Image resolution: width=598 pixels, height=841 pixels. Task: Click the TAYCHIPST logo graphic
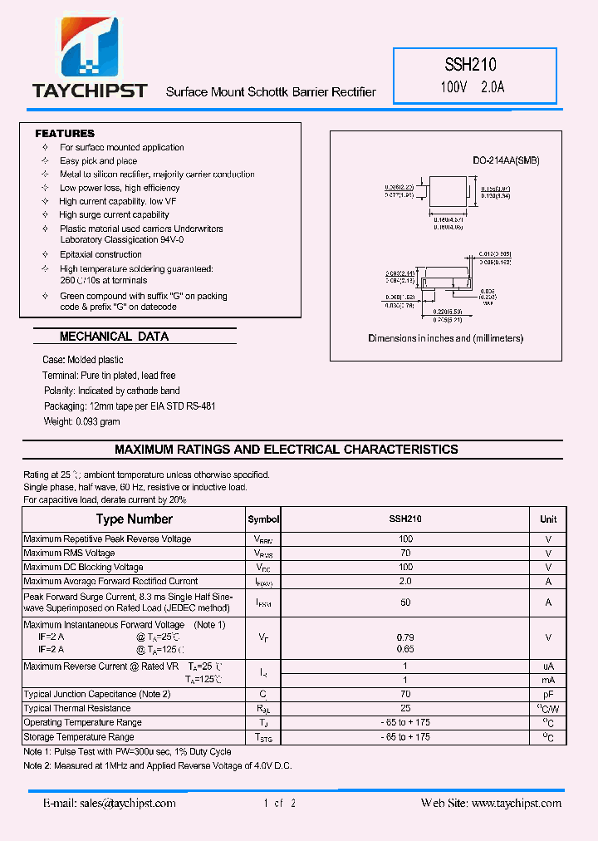[89, 52]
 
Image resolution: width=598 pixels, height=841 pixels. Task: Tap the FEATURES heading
[65, 134]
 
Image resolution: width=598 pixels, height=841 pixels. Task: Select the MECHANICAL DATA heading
[114, 337]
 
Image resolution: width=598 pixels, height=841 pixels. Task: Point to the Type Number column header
[134, 519]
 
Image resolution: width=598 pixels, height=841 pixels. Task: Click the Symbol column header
[263, 519]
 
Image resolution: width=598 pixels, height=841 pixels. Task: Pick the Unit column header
[548, 519]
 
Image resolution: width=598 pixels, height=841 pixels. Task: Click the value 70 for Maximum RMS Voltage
[405, 553]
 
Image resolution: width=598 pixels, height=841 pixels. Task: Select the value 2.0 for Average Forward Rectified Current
[405, 582]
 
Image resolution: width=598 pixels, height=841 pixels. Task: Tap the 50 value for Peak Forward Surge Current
[405, 602]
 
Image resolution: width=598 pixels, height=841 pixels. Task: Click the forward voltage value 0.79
[405, 637]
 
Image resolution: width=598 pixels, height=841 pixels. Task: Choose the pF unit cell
[548, 694]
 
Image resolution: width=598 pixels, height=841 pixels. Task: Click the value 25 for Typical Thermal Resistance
[405, 708]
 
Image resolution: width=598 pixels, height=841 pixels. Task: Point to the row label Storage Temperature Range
[79, 737]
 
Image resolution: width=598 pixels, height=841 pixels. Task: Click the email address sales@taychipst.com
[110, 804]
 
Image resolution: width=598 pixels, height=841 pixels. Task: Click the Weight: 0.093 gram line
[82, 422]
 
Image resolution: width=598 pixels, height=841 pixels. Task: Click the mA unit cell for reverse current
[548, 680]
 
